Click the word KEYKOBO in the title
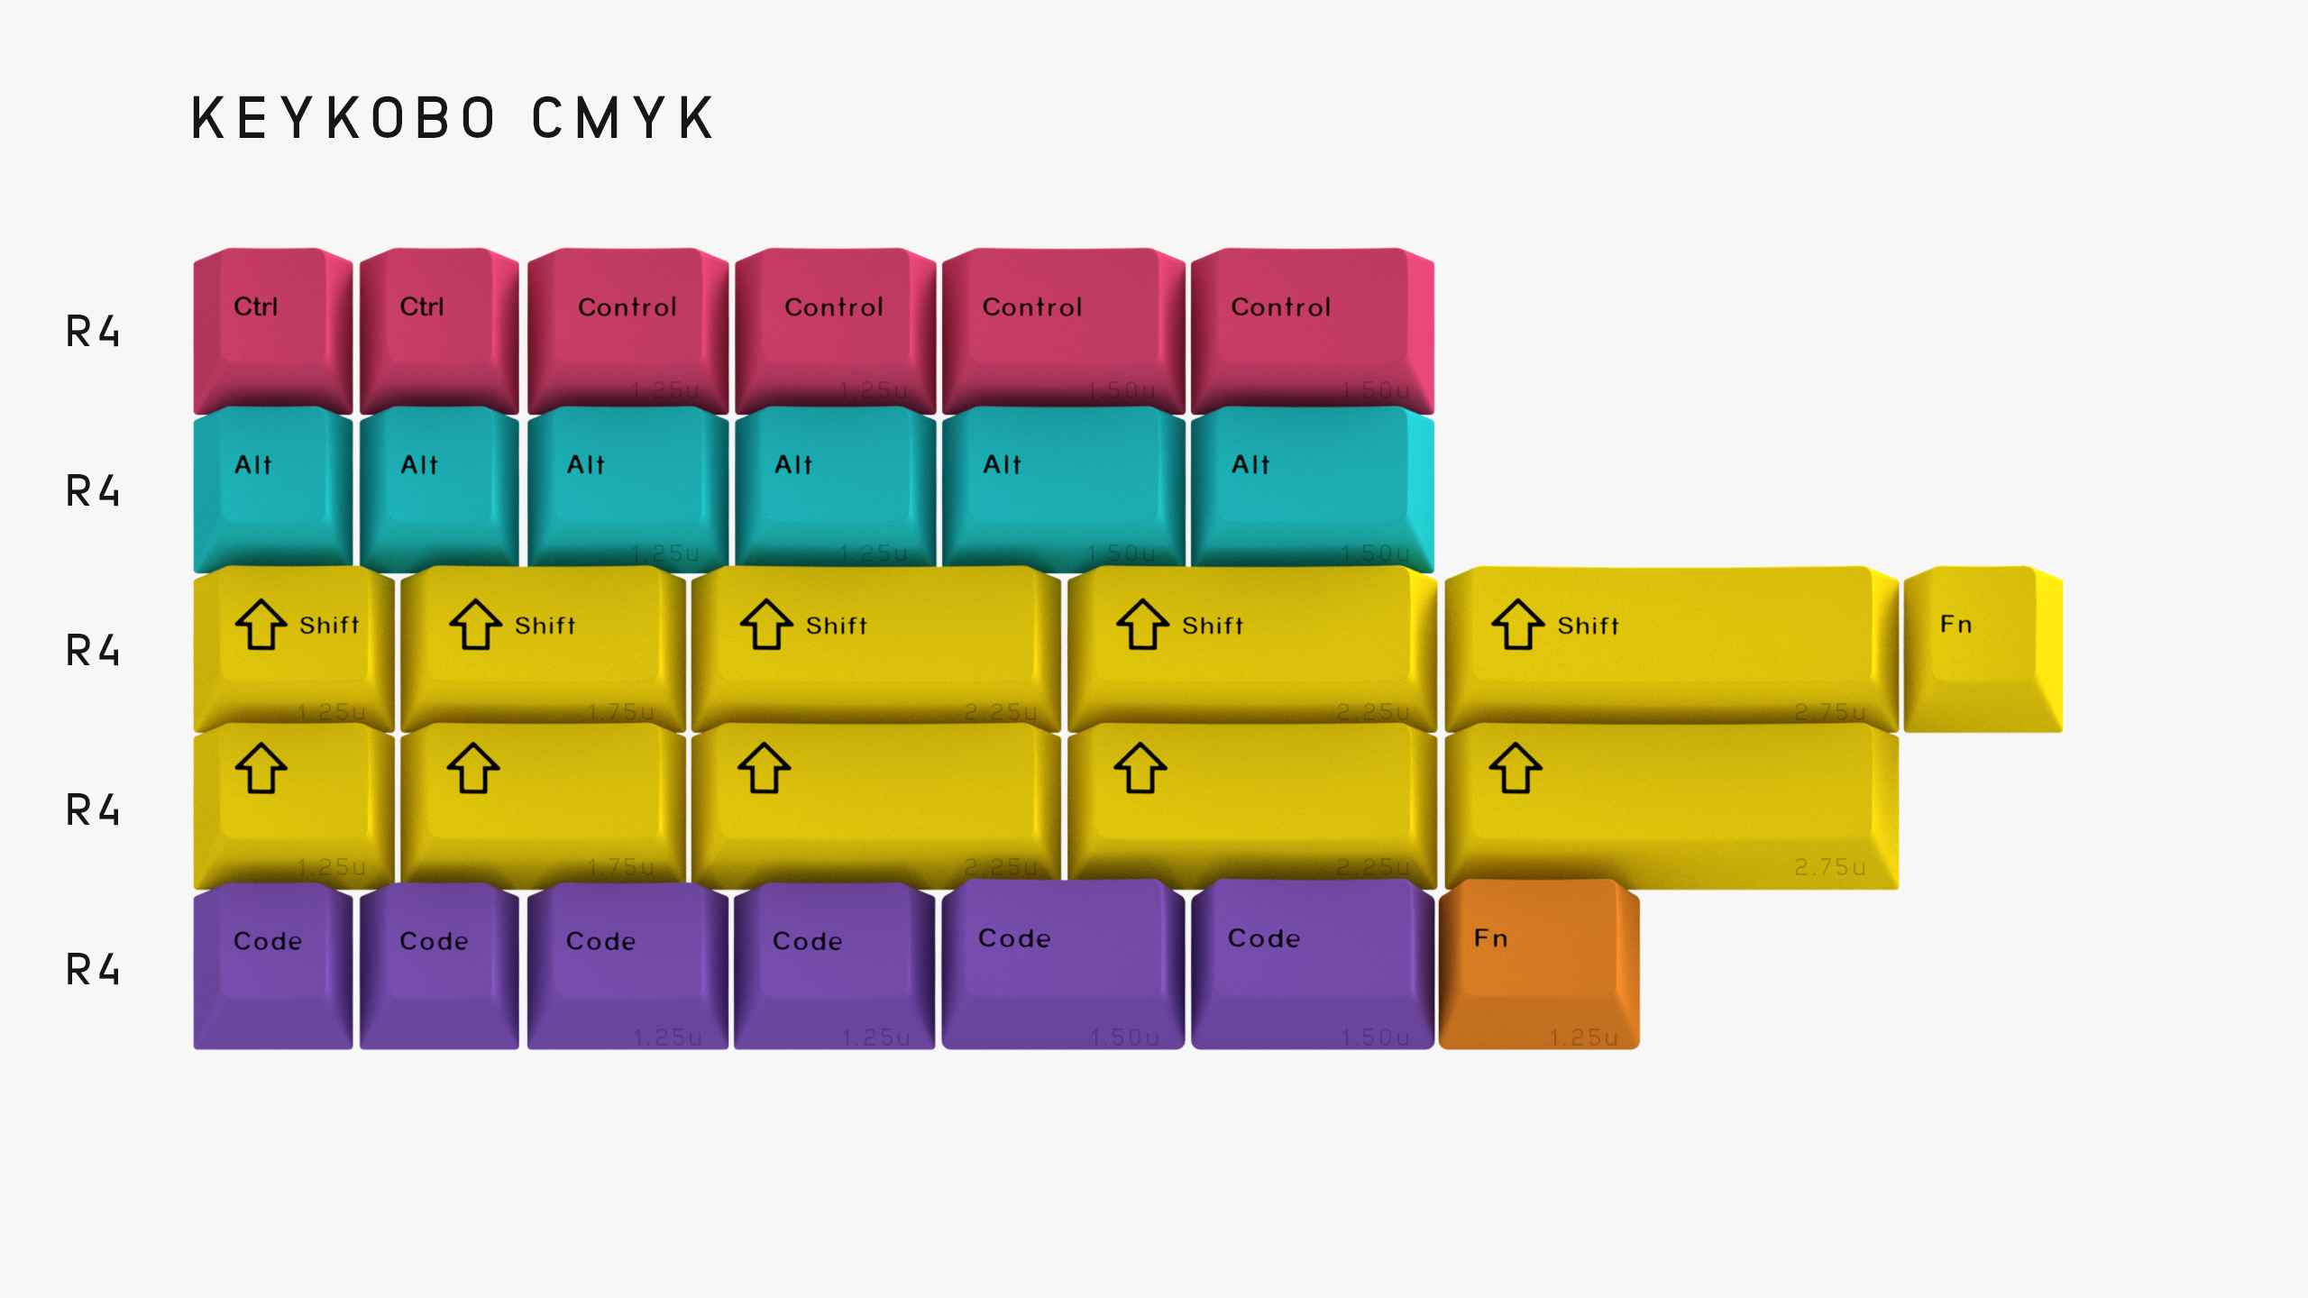[343, 118]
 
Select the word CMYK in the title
[624, 118]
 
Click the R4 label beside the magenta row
[93, 332]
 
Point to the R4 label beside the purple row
[93, 970]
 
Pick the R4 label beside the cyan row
[93, 491]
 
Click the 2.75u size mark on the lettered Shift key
[1829, 712]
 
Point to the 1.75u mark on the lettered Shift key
[621, 712]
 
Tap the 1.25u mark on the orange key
[1583, 1037]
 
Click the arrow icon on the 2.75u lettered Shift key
[1517, 624]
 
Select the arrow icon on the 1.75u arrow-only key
[473, 768]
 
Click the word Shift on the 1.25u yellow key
[329, 626]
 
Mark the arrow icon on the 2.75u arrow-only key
[1516, 768]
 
